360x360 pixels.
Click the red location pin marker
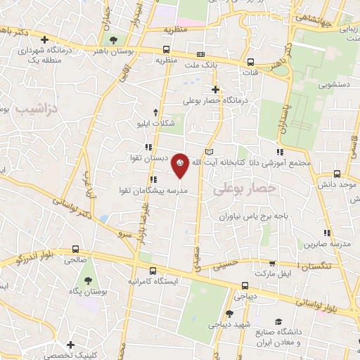(181, 165)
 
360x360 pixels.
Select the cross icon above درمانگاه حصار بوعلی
(216, 89)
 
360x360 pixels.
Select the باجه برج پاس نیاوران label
(252, 217)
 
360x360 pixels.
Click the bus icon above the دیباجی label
(244, 285)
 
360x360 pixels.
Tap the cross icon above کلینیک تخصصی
(70, 345)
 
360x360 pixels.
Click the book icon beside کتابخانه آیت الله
(209, 152)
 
